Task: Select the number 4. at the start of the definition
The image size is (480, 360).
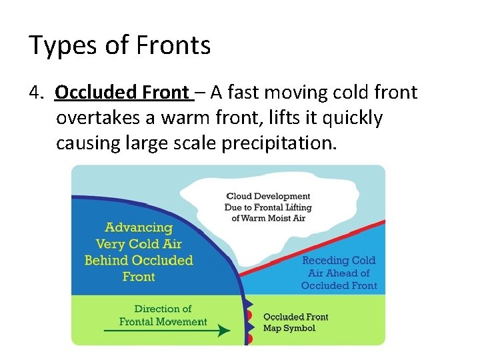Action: [37, 92]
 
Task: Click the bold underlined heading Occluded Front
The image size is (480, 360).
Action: [123, 92]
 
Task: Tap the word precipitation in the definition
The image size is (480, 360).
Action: [280, 143]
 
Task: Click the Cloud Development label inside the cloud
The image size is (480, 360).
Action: [268, 196]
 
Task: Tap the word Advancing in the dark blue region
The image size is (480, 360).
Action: [139, 227]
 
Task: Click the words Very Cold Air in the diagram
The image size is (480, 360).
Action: [139, 243]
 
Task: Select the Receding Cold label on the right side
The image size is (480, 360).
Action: [339, 261]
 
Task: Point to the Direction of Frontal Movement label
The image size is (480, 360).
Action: [163, 315]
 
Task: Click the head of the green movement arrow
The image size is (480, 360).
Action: [225, 330]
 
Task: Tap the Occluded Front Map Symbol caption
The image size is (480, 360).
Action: [295, 323]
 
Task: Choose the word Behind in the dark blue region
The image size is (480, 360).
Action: [107, 260]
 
